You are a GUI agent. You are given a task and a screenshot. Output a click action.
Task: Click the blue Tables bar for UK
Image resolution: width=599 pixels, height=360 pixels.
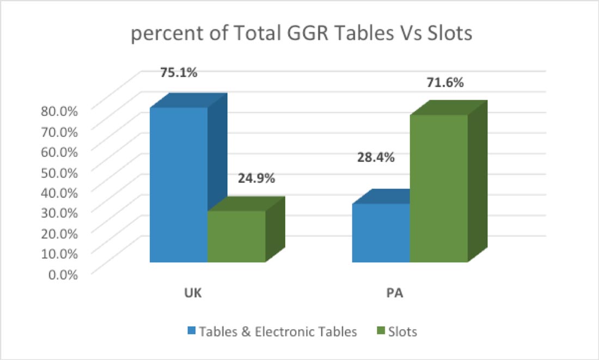tap(179, 185)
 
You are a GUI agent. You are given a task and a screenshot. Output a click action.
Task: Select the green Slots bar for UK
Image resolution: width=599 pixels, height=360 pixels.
tap(236, 236)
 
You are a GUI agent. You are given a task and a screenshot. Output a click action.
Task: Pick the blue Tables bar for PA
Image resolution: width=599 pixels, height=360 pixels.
tap(381, 233)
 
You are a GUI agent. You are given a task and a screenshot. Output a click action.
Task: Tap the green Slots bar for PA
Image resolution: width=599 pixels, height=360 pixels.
tap(439, 188)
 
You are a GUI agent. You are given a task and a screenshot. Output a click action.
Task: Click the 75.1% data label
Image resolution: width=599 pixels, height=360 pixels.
tap(179, 72)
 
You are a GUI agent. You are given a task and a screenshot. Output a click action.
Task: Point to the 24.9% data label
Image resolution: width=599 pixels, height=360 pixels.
tap(256, 178)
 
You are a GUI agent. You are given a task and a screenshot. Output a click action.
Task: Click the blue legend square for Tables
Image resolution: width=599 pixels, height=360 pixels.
tap(191, 331)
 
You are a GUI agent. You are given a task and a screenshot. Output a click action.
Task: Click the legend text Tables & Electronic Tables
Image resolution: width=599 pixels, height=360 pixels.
tap(278, 331)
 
